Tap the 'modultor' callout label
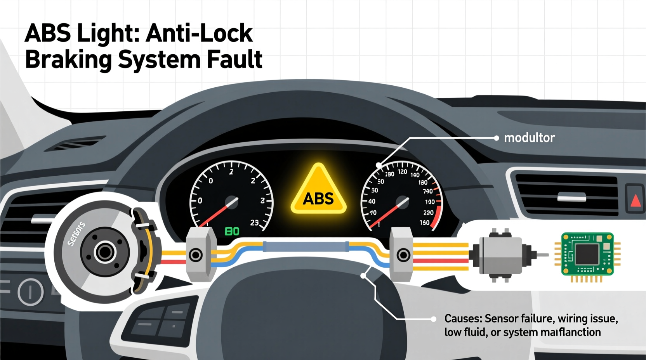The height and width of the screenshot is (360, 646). pyautogui.click(x=529, y=138)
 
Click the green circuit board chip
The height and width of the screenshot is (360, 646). pyautogui.click(x=587, y=254)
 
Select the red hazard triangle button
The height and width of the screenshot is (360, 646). pyautogui.click(x=635, y=200)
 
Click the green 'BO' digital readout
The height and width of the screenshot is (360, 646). pyautogui.click(x=232, y=232)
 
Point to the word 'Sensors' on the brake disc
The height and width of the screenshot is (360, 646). pyautogui.click(x=76, y=234)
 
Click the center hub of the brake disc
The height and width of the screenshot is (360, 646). pyautogui.click(x=104, y=252)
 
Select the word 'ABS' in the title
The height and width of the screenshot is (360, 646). pyautogui.click(x=48, y=33)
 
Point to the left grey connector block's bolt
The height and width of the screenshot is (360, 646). pyautogui.click(x=195, y=255)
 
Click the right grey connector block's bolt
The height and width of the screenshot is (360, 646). pyautogui.click(x=403, y=255)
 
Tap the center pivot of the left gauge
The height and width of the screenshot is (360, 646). pyautogui.click(x=232, y=202)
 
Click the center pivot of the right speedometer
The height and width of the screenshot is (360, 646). pyautogui.click(x=402, y=202)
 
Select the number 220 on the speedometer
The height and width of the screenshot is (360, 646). pyautogui.click(x=428, y=213)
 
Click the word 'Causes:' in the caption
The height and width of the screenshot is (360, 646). pyautogui.click(x=463, y=319)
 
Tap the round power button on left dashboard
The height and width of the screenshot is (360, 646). pyautogui.click(x=30, y=291)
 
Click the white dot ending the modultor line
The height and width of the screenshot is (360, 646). pyautogui.click(x=496, y=138)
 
